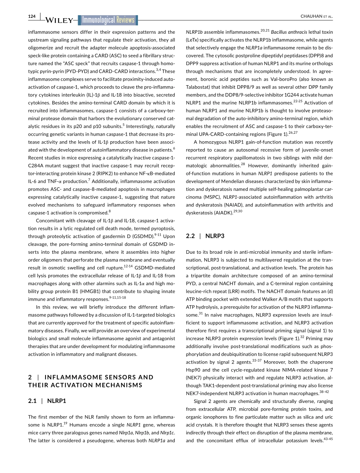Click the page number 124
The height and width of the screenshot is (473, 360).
31,16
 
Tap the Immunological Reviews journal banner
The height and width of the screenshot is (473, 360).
108,20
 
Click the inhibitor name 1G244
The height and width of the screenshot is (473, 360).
299,95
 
